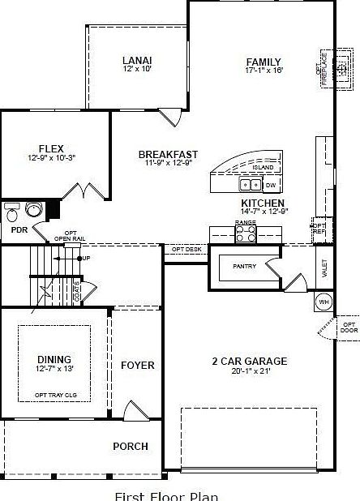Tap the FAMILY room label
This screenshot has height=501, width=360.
tap(264, 62)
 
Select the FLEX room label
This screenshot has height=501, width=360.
tap(51, 149)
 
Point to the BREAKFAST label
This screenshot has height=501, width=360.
tap(168, 154)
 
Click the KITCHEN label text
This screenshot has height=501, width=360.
tap(263, 203)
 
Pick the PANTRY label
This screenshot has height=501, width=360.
tap(244, 265)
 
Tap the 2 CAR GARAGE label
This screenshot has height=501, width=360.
tap(249, 362)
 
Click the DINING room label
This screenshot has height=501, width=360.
tap(54, 359)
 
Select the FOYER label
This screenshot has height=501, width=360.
tap(137, 366)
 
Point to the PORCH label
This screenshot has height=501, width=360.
tap(130, 446)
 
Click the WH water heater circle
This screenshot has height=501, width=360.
tap(324, 302)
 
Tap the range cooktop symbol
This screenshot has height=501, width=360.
tap(245, 233)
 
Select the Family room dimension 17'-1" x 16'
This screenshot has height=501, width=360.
tap(264, 71)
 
